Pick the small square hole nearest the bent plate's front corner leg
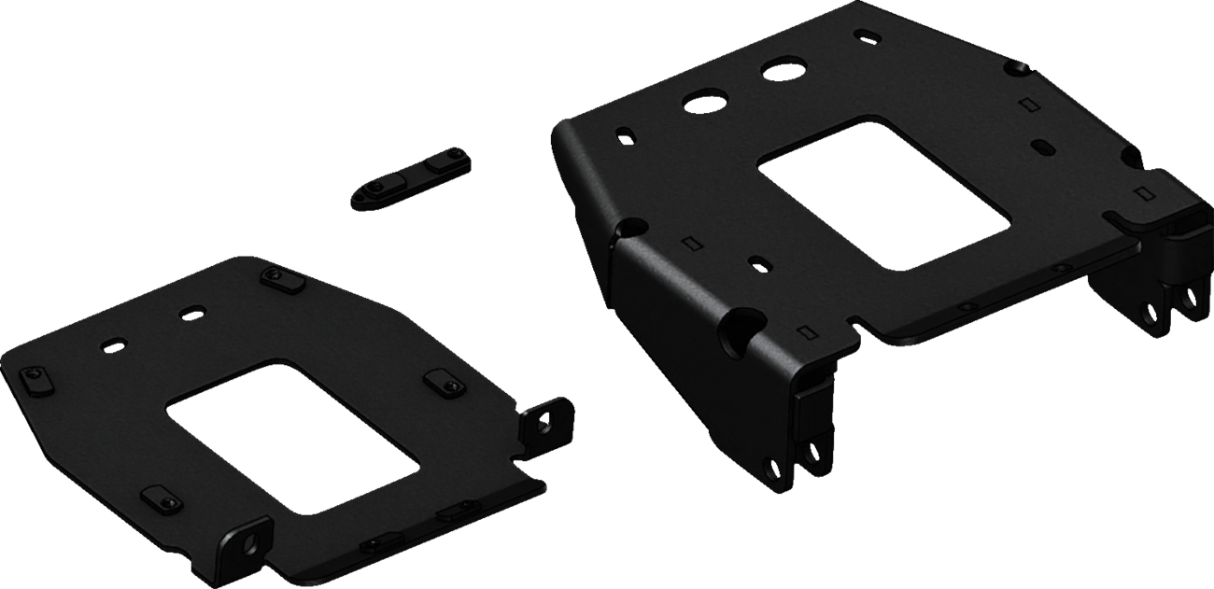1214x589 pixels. (x=805, y=330)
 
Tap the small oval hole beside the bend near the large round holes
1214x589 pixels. (x=622, y=135)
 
